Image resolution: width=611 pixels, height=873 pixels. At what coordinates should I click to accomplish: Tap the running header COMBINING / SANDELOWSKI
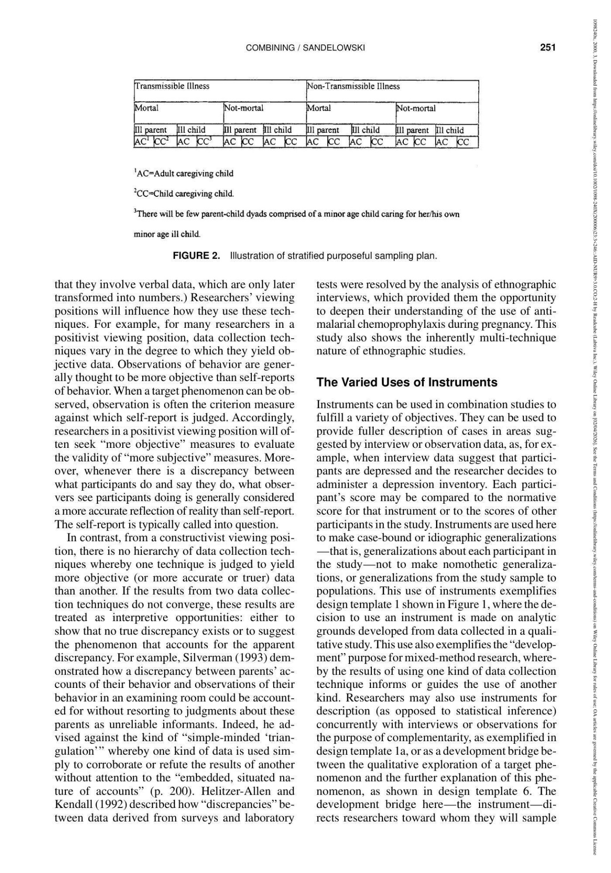(x=305, y=48)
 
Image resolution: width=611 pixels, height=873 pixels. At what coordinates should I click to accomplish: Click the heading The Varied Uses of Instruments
(x=407, y=382)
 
